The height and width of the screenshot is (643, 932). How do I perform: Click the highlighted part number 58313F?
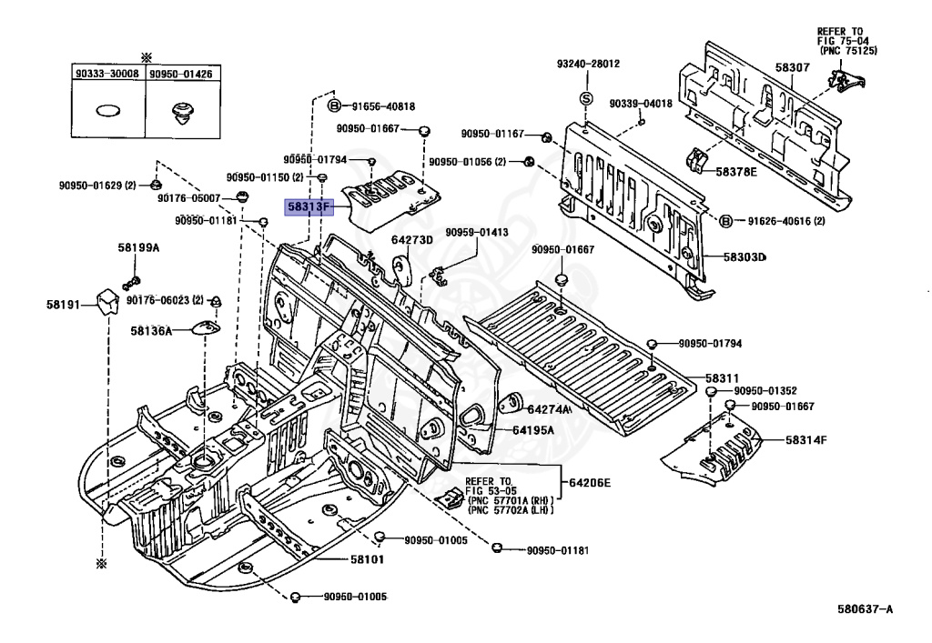(309, 207)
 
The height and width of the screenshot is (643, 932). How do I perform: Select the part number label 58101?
(367, 559)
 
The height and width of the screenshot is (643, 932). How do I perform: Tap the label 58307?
(792, 67)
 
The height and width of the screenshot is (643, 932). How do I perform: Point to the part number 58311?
(722, 378)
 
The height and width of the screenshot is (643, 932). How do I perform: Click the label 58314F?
(806, 440)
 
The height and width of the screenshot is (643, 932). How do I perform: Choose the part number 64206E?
(589, 483)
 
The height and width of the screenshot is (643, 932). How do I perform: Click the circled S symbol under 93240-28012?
(586, 98)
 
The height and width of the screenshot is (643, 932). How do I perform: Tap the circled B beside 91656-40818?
(335, 105)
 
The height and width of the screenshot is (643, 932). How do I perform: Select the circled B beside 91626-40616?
(725, 222)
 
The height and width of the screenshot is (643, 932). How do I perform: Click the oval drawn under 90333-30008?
(107, 111)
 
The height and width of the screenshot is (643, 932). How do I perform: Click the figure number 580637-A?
(865, 608)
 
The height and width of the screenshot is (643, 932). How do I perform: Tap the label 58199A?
(138, 248)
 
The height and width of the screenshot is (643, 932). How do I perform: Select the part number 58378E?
(736, 172)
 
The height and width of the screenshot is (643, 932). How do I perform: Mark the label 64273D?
(412, 240)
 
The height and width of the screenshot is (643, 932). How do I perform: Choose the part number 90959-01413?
(477, 232)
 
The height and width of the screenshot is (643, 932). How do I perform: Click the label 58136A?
(152, 331)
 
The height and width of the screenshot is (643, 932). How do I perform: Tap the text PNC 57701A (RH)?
(512, 500)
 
